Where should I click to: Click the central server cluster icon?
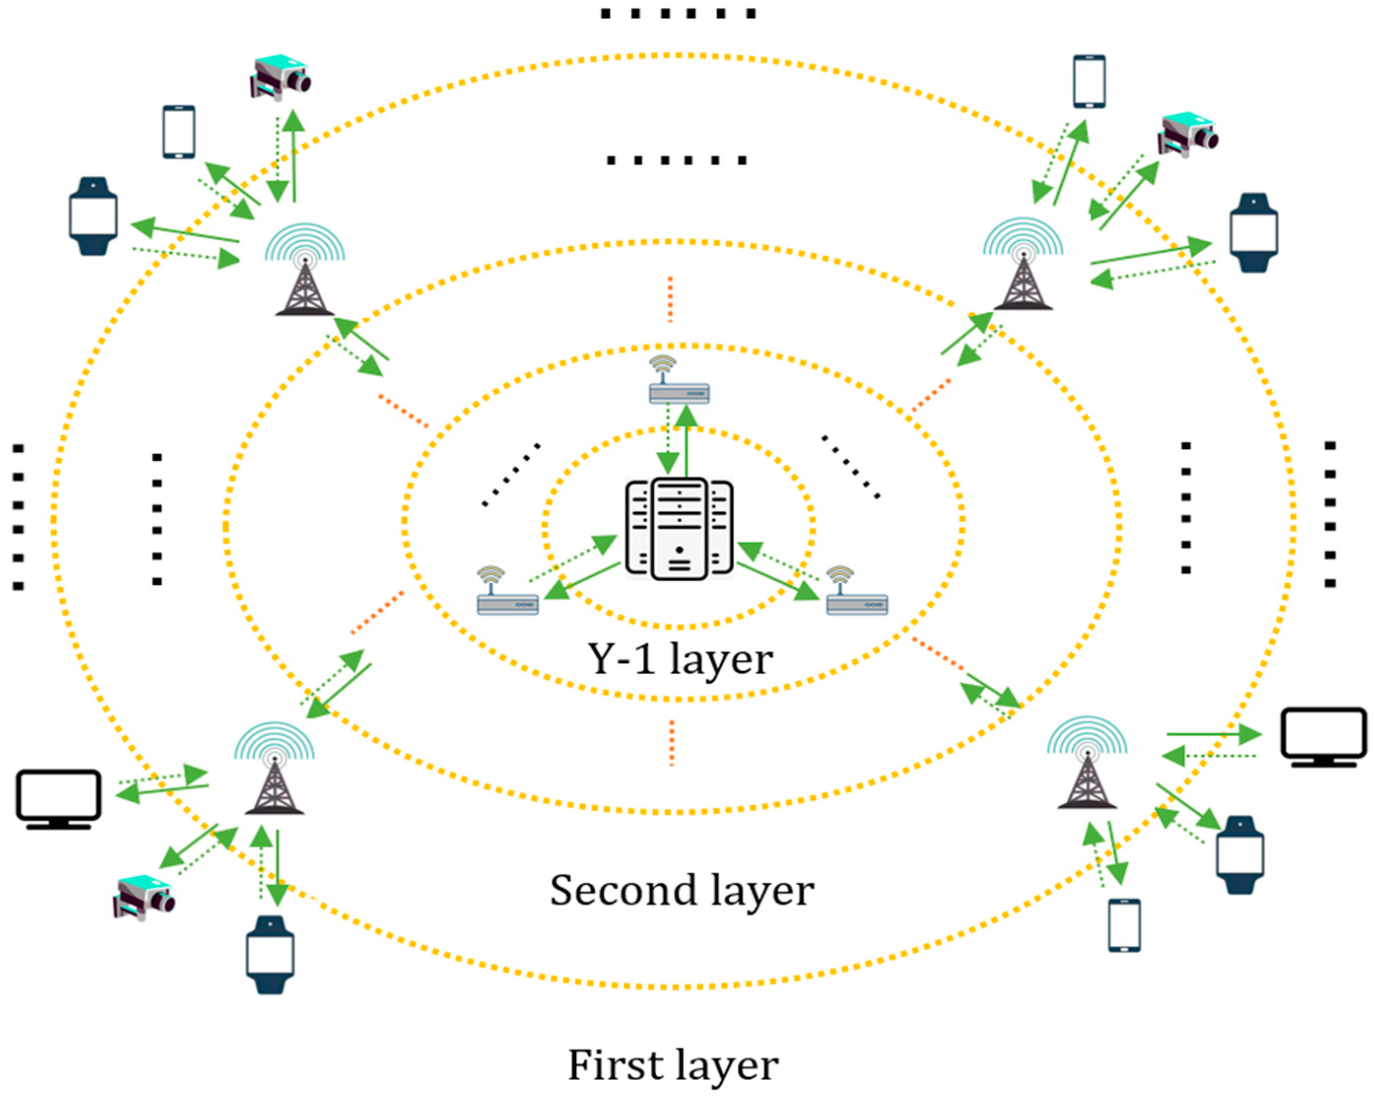tap(679, 529)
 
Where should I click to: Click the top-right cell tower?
tap(1023, 266)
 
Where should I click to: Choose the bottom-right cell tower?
tap(1087, 764)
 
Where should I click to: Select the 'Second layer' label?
tap(682, 891)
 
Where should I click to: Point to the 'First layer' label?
tap(673, 1065)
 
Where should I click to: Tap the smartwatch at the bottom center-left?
tap(270, 955)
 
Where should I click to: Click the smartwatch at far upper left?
tap(93, 217)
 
